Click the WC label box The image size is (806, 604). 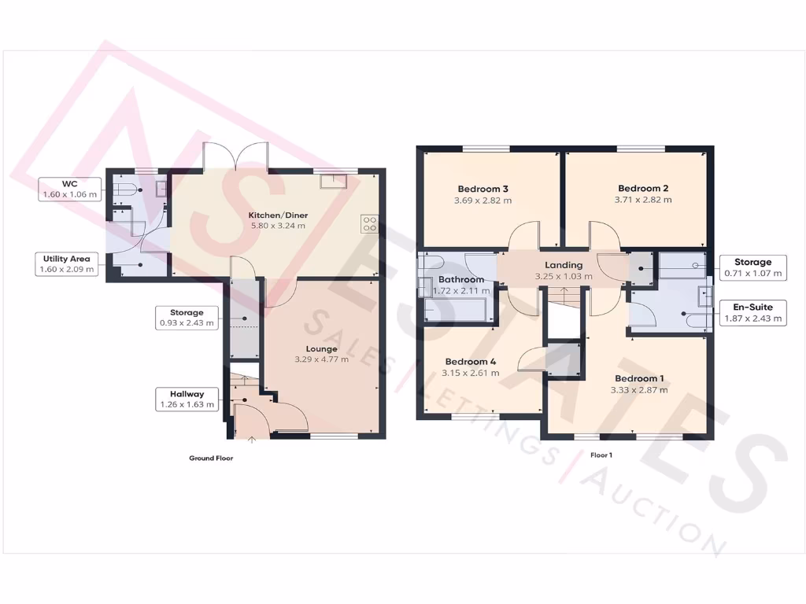[70, 189]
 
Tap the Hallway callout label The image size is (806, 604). [187, 400]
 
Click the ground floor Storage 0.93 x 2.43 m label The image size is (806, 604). [187, 317]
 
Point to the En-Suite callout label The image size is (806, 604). [753, 312]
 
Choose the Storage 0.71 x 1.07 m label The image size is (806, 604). [753, 267]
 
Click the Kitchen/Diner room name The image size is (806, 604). [278, 215]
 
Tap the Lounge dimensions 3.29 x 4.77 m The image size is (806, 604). [322, 360]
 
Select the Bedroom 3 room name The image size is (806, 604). [482, 189]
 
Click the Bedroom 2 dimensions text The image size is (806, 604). [643, 200]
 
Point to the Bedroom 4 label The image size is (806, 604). [471, 362]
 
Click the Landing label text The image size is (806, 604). [564, 265]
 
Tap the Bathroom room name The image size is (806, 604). [461, 280]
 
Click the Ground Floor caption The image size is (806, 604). [211, 458]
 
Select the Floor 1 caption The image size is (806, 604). [601, 455]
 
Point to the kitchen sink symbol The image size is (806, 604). [332, 182]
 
